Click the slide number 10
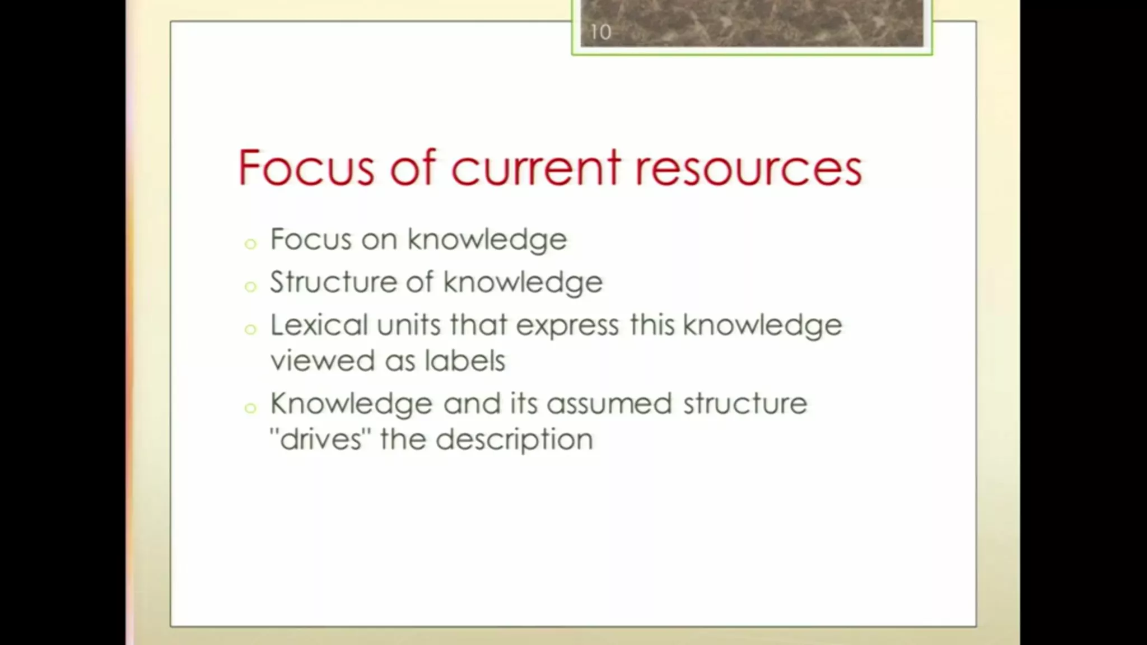pyautogui.click(x=600, y=32)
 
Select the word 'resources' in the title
pyautogui.click(x=748, y=168)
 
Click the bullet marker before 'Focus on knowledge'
pyautogui.click(x=250, y=244)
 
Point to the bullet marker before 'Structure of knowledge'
pyautogui.click(x=250, y=286)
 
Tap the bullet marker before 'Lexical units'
pyautogui.click(x=250, y=329)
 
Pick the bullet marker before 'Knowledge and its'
pyautogui.click(x=250, y=408)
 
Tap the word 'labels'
pyautogui.click(x=465, y=360)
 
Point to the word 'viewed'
pyautogui.click(x=323, y=360)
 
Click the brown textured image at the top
pyautogui.click(x=752, y=23)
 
